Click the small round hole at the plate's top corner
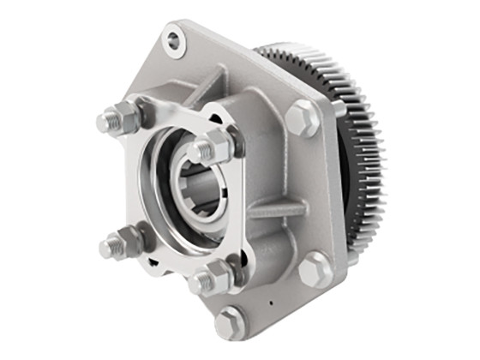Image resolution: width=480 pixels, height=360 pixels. pyautogui.click(x=174, y=40)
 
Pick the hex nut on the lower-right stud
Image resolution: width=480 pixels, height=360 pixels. pyautogui.click(x=215, y=277)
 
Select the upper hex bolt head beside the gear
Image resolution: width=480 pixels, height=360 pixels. pyautogui.click(x=302, y=117)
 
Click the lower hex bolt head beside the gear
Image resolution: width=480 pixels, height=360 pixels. pyautogui.click(x=315, y=268)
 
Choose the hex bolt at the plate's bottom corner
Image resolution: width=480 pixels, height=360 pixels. pyautogui.click(x=231, y=323)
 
